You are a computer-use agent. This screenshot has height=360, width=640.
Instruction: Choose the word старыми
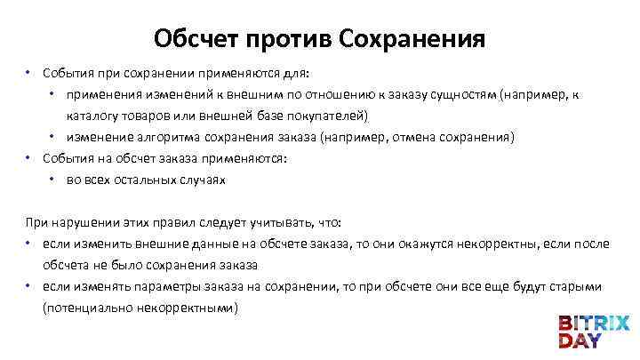click(575, 287)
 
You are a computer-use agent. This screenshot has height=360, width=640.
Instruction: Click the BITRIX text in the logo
click(593, 323)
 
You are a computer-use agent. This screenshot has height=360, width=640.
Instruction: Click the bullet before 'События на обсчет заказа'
click(29, 158)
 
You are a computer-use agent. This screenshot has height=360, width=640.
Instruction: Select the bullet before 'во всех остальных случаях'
click(54, 180)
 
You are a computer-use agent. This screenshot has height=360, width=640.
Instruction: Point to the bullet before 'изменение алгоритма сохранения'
click(54, 137)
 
